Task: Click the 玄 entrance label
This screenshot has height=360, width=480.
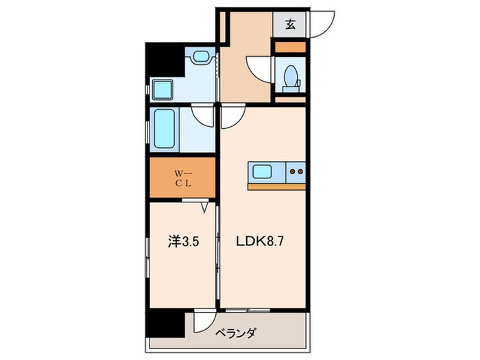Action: click(291, 25)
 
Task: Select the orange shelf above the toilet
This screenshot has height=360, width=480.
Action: click(289, 47)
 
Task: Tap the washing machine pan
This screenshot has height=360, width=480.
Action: click(164, 90)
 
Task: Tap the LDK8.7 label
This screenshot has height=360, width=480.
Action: click(261, 241)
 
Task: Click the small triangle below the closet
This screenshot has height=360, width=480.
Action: click(204, 205)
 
